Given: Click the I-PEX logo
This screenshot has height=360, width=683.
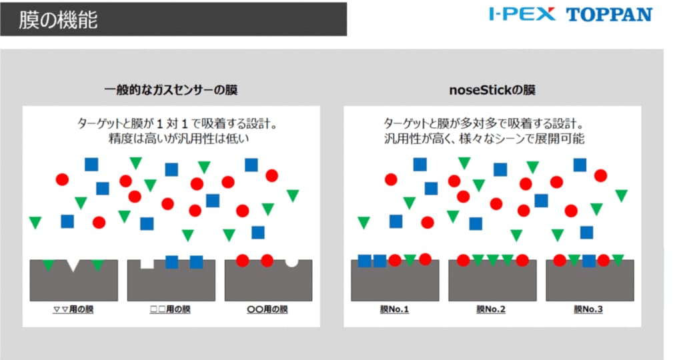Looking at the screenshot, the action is [x=522, y=14].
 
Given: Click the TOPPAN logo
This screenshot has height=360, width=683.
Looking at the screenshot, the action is [x=609, y=15].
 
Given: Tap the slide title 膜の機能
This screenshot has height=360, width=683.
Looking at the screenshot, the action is [x=58, y=20].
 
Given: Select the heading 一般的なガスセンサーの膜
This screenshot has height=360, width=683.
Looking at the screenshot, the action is [x=171, y=90].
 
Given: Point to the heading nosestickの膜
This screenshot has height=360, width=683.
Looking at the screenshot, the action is [x=492, y=90].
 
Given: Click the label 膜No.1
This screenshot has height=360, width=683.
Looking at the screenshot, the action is [x=394, y=309].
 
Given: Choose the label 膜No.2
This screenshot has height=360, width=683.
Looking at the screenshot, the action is [x=491, y=309].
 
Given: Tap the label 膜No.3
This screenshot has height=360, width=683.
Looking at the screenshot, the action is [x=588, y=309].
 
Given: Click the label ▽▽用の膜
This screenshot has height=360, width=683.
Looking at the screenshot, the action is [x=73, y=309].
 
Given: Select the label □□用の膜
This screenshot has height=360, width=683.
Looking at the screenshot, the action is [x=170, y=309].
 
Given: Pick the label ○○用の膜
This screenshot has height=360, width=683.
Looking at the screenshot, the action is [x=267, y=309].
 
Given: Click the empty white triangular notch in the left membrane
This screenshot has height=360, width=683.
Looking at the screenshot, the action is [x=73, y=264].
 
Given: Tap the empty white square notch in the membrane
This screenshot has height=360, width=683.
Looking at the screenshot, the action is [x=147, y=263].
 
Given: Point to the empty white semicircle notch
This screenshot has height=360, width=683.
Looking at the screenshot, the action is [x=292, y=263].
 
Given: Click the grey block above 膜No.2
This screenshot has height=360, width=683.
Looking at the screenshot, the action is [x=492, y=283].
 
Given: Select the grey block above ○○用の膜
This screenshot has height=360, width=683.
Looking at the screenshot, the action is [x=268, y=283].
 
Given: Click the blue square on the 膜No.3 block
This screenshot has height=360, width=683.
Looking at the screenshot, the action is [x=589, y=261].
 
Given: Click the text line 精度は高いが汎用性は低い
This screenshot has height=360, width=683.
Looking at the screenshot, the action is [x=179, y=139].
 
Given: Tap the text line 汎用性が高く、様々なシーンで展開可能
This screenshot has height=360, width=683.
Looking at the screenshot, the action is [x=484, y=139].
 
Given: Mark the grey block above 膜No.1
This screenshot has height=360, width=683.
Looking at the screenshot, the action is [x=395, y=283].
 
